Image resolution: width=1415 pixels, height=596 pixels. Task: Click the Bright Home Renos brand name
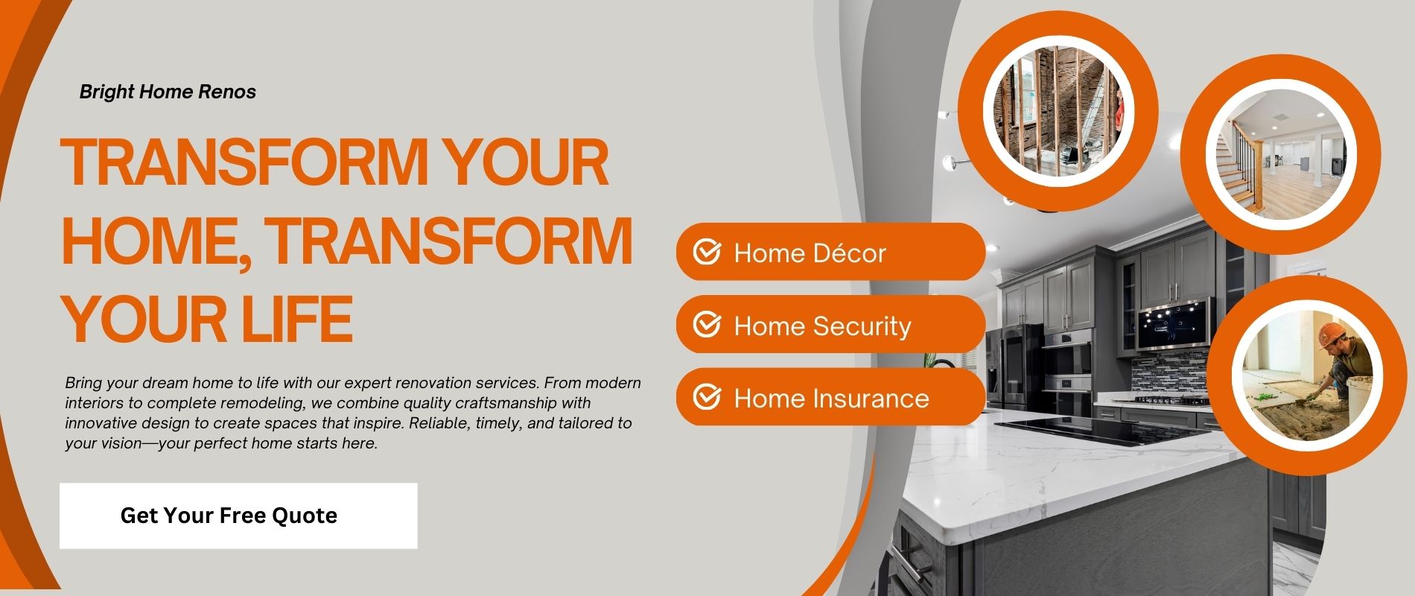click(x=168, y=92)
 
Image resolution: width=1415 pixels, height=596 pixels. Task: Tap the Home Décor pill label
click(x=810, y=253)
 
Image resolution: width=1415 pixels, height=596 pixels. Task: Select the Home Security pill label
click(x=822, y=326)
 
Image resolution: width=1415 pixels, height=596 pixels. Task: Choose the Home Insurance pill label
click(x=831, y=399)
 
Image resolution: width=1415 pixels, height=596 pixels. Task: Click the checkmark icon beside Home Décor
click(x=707, y=253)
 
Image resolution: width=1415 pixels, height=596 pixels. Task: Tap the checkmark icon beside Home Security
click(x=707, y=326)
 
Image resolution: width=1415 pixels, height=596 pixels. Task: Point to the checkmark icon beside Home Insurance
click(x=707, y=398)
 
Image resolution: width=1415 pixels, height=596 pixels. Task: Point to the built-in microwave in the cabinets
click(x=1175, y=324)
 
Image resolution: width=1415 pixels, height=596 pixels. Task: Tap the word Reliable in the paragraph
click(x=480, y=423)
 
